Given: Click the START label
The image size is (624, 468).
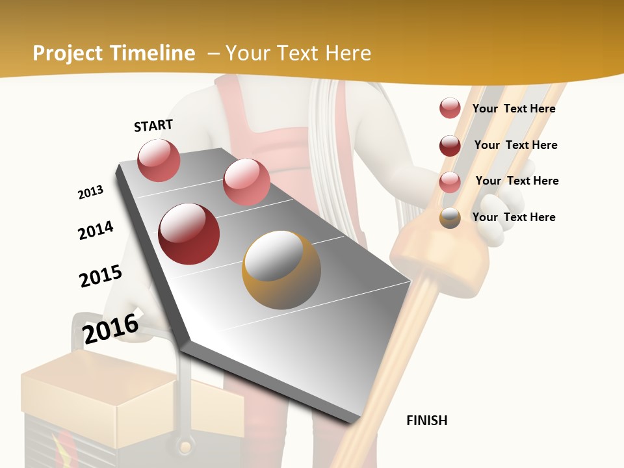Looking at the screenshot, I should [153, 125].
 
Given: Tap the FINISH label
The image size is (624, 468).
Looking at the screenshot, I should [426, 421].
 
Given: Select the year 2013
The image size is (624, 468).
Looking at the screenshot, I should [91, 192].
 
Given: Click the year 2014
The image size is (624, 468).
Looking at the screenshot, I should [96, 230].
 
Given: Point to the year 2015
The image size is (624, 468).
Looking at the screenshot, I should [101, 276].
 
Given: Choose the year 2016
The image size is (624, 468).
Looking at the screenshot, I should [111, 328].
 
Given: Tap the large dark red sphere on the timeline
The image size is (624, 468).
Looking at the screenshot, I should [189, 234].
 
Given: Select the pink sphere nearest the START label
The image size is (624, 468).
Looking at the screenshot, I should [159, 160].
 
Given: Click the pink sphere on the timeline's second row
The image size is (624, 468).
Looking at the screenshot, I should [246, 182].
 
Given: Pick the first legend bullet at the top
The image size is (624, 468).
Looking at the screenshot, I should [450, 108].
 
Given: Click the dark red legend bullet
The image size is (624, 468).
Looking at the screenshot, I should [450, 145].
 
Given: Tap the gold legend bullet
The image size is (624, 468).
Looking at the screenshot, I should [450, 218].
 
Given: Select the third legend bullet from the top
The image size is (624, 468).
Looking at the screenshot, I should [450, 181].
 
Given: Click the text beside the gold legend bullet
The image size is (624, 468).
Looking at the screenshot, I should [513, 217].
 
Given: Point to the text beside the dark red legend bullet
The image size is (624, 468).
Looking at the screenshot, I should [515, 145].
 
